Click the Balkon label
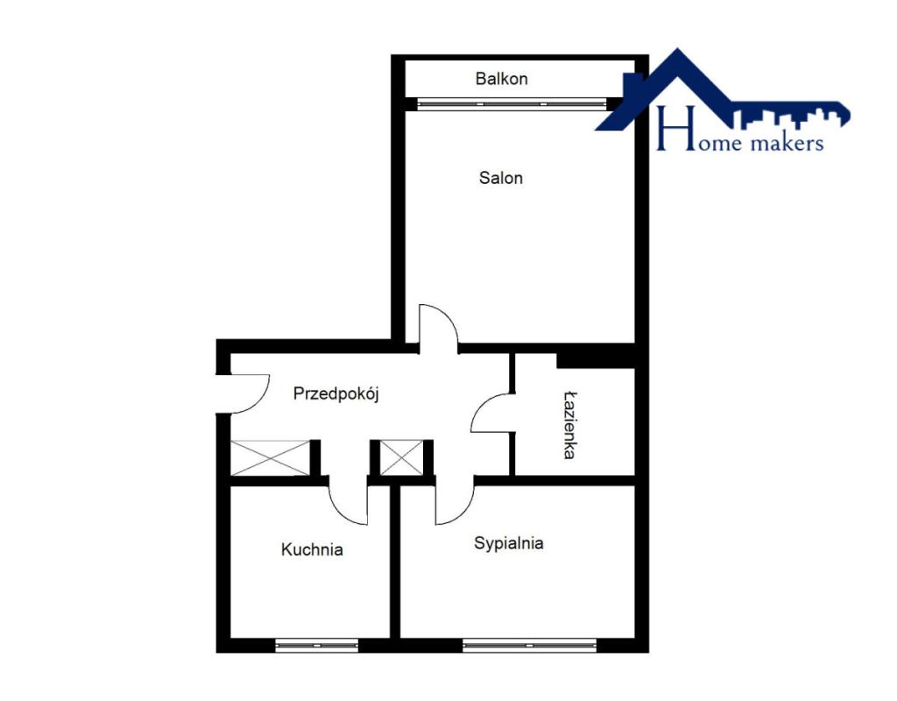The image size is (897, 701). click(x=501, y=78)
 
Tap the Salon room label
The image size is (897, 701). click(x=500, y=178)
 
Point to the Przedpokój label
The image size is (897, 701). click(x=335, y=393)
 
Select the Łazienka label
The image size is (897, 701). click(x=569, y=425)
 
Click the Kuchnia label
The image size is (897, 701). click(x=312, y=550)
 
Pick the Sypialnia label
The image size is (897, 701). click(x=509, y=543)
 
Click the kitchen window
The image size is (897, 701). click(x=316, y=646)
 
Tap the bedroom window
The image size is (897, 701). click(x=529, y=646)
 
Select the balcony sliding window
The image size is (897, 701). click(x=512, y=104)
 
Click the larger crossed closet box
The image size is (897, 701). click(x=270, y=457)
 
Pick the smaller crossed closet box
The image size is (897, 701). click(x=401, y=457)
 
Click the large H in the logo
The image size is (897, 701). click(x=675, y=128)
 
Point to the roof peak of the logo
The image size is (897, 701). click(x=678, y=50)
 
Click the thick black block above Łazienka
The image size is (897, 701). click(x=596, y=360)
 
